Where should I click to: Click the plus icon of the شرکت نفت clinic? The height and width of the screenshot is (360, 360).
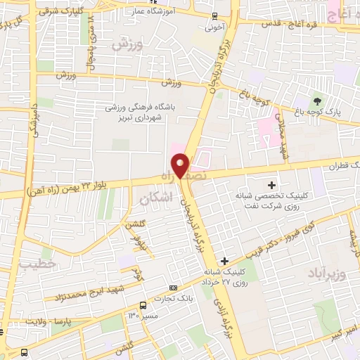coord(272,184)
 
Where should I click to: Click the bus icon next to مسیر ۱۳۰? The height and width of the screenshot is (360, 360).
coord(143,305)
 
